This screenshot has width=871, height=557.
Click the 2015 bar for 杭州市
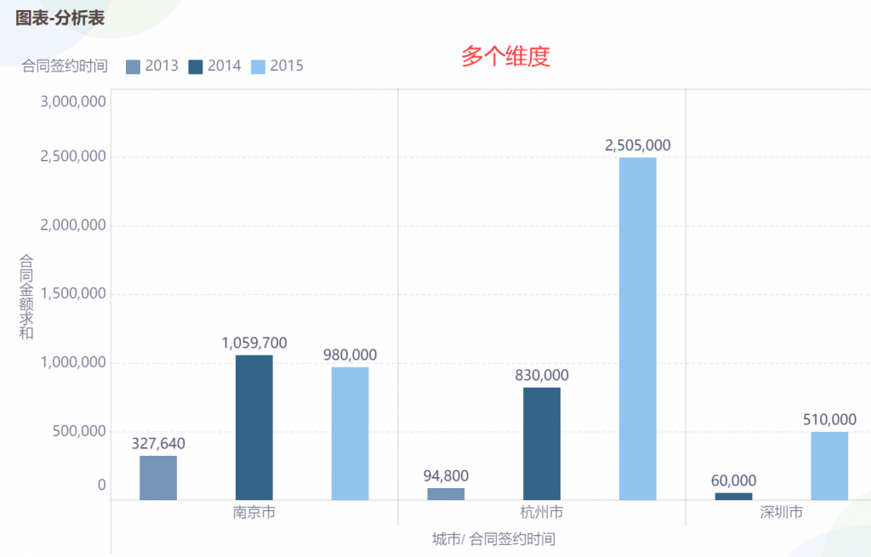[638, 328]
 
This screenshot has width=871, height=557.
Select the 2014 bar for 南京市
[254, 427]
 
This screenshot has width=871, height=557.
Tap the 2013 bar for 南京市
[158, 477]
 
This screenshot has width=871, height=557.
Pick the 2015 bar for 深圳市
[829, 465]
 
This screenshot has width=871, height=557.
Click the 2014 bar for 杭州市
[542, 443]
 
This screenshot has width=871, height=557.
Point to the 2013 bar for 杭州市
[446, 493]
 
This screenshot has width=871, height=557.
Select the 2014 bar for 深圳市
[733, 496]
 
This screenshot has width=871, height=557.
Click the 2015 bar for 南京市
[350, 433]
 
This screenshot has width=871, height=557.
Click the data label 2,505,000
[638, 145]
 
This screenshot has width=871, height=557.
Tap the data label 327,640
[158, 443]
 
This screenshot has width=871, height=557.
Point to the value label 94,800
[446, 475]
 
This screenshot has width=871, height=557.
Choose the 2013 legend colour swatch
[133, 66]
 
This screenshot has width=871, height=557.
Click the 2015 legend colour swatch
[258, 66]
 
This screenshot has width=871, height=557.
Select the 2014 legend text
[225, 65]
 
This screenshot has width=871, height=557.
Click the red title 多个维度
[506, 56]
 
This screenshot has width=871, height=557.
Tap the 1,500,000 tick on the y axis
[73, 293]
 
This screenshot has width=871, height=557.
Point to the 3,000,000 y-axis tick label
[73, 101]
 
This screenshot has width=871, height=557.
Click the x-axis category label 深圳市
[781, 513]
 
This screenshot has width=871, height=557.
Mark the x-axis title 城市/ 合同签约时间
[493, 538]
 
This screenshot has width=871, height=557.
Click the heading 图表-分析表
[60, 17]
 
